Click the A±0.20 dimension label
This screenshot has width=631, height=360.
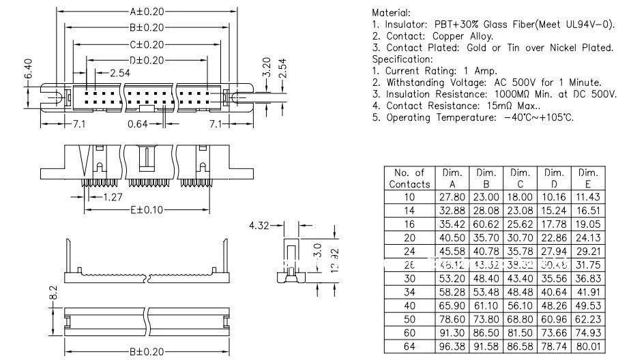[x=146, y=12]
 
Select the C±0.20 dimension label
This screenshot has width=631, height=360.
[x=146, y=44]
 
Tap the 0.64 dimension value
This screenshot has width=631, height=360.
[x=138, y=124]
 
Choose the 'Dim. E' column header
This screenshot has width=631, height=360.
[x=588, y=178]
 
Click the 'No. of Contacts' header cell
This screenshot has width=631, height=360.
[x=409, y=178]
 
